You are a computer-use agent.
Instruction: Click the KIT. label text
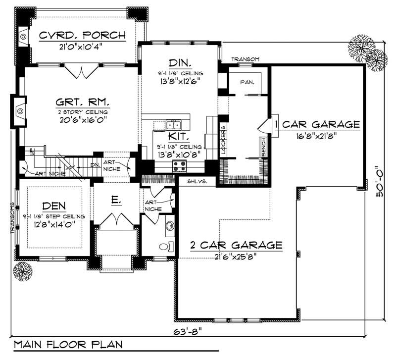(x=177, y=136)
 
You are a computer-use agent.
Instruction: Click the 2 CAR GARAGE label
(x=237, y=245)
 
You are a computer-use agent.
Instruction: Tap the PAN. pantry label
(x=247, y=82)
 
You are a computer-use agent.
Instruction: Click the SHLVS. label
(x=197, y=182)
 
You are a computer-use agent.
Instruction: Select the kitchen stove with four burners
(x=179, y=166)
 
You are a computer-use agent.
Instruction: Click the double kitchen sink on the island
(x=173, y=124)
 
